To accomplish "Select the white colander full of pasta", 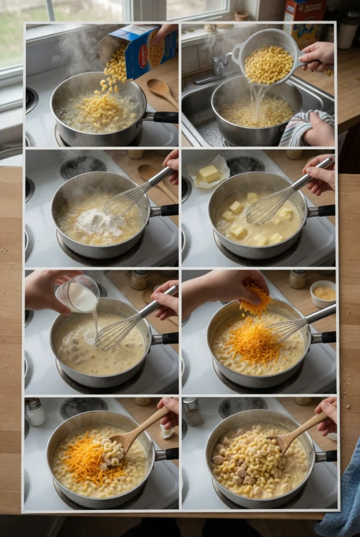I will click(x=268, y=60).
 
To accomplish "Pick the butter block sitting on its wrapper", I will click(x=209, y=174).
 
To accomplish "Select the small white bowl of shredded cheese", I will click(x=323, y=293).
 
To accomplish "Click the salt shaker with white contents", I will click(x=35, y=412).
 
